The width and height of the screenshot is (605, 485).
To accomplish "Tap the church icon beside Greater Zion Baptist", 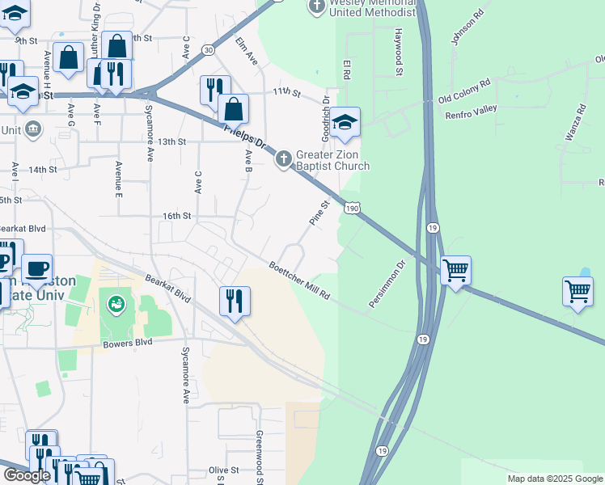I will pos(283,158).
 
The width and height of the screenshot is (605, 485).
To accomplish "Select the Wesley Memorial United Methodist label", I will pos(371,8).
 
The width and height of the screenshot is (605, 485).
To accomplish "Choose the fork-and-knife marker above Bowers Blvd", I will pos(235,302).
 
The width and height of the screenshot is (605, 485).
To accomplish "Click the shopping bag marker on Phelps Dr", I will pos(233,110).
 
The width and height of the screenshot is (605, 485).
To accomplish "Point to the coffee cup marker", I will pos(36,268).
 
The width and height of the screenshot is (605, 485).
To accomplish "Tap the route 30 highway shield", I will pos(209,50).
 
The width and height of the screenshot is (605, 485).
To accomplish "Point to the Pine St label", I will pos(316,213).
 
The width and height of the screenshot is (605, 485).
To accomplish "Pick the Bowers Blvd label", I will pos(128,343).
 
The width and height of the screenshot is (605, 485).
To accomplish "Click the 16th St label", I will pos(176,216).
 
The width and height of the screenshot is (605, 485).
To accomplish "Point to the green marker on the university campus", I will pos(116,305).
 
